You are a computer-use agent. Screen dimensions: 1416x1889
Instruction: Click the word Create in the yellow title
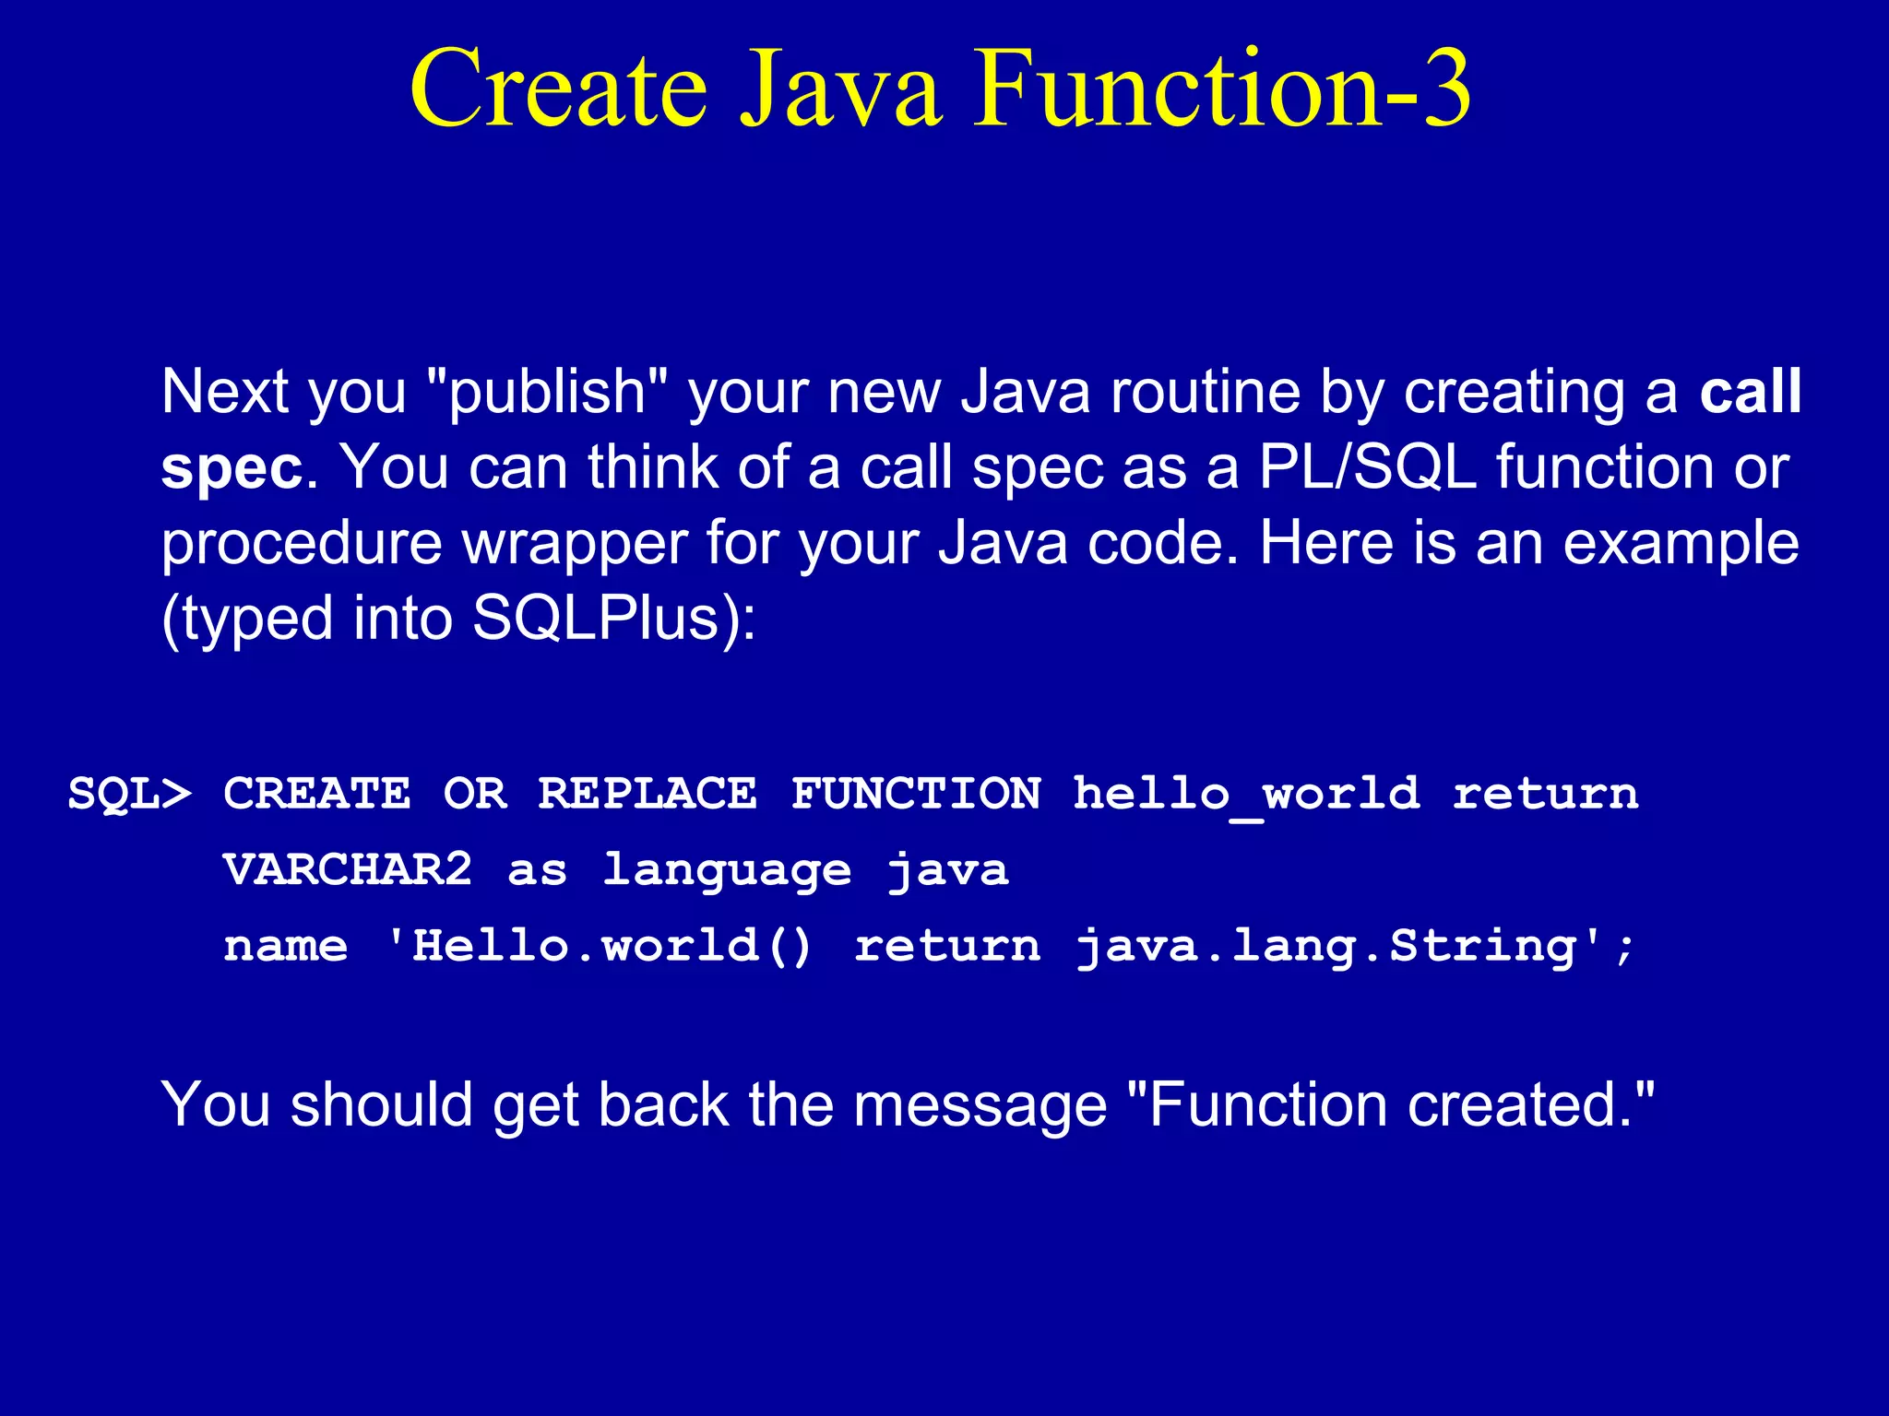tap(559, 88)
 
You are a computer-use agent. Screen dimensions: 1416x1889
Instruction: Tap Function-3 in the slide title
tap(1223, 88)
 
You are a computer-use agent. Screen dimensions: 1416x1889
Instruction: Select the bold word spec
tap(232, 468)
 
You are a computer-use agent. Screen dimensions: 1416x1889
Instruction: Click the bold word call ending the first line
tap(1750, 391)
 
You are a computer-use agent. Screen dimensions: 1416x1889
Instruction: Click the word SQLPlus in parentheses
tap(595, 619)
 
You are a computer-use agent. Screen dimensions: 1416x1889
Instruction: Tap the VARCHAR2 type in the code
tap(348, 870)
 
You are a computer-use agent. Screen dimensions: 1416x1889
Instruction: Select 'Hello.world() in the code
tap(600, 947)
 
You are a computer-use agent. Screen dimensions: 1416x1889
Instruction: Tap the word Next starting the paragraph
tap(225, 393)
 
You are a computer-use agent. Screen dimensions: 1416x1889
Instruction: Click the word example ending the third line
tap(1681, 544)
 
